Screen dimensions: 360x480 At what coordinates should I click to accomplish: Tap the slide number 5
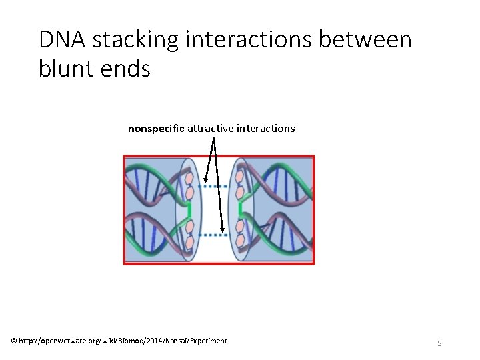439,343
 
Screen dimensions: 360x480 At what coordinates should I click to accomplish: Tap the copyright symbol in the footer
15,341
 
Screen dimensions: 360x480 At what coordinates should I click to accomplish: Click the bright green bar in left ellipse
189,211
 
